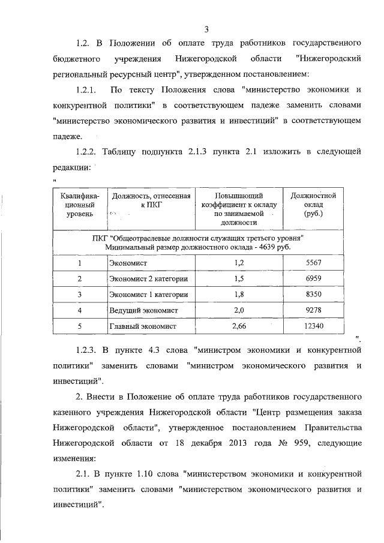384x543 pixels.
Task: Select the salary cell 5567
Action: [313, 263]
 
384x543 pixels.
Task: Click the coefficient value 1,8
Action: [239, 295]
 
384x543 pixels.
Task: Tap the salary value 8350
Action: [313, 295]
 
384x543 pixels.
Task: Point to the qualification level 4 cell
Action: [79, 310]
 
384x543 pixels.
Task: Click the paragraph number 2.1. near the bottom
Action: [85, 474]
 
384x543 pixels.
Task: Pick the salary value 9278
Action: [313, 310]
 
